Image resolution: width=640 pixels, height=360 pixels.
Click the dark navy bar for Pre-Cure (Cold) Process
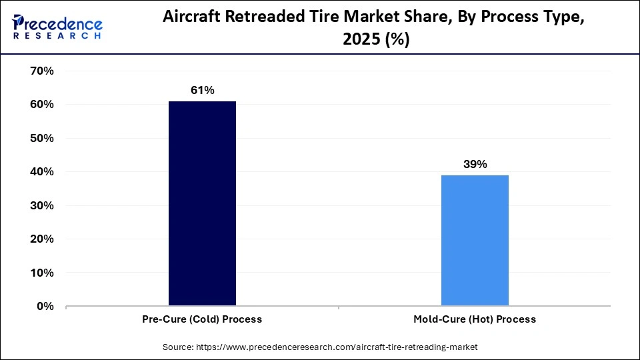pyautogui.click(x=202, y=203)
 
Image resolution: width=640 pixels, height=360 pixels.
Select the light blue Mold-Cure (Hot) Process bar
pyautogui.click(x=475, y=240)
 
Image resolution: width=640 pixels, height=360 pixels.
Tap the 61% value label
pyautogui.click(x=202, y=91)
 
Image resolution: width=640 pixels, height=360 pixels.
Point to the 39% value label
pyautogui.click(x=475, y=164)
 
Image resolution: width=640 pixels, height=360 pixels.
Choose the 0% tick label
pyautogui.click(x=43, y=307)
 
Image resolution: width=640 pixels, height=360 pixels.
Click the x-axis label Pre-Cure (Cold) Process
pyautogui.click(x=202, y=319)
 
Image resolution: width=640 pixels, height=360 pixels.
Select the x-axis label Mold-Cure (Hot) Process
pyautogui.click(x=475, y=319)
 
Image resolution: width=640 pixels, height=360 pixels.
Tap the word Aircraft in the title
pyautogui.click(x=194, y=19)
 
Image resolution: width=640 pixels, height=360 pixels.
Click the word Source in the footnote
pyautogui.click(x=177, y=347)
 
